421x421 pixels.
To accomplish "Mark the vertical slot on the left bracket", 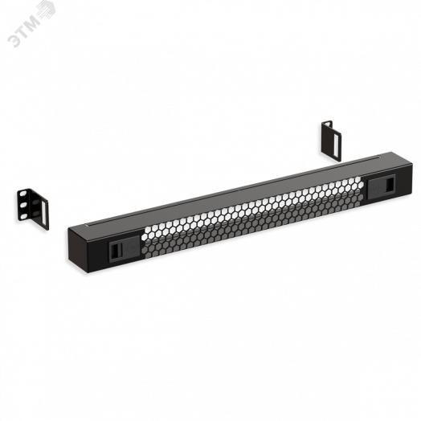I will pyautogui.click(x=39, y=206).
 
